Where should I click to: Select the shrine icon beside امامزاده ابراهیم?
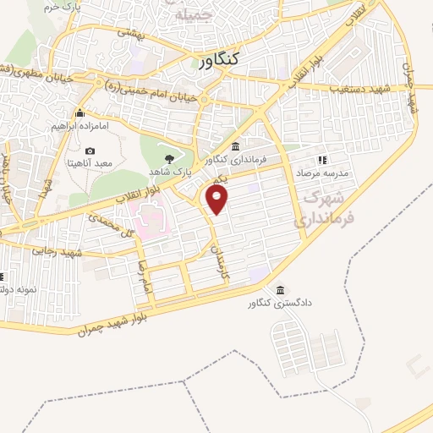(80, 113)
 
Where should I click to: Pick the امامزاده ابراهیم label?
(79, 127)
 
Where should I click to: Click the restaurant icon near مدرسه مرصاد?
(321, 159)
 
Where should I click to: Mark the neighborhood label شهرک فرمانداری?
(318, 207)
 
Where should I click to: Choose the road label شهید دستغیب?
(358, 87)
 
